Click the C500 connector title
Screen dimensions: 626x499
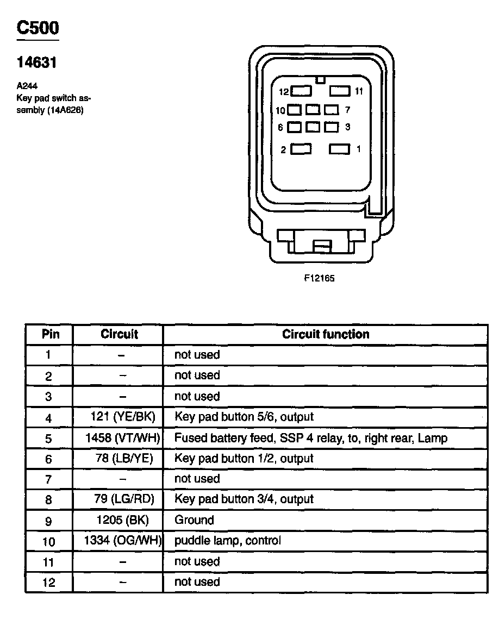pos(38,28)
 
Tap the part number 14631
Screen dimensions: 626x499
pos(37,63)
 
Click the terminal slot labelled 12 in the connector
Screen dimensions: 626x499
pos(301,91)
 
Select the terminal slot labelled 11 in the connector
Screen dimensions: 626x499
pos(340,91)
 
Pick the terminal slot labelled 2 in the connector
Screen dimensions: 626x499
pos(301,149)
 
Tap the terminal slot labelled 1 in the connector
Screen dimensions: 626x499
pos(340,149)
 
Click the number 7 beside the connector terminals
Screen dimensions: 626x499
pos(347,110)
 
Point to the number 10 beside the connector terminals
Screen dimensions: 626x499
pos(280,110)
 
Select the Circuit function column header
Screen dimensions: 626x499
pos(325,334)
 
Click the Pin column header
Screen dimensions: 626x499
pos(51,334)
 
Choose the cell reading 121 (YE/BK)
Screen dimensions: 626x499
pos(123,417)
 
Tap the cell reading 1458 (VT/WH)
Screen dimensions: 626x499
pos(122,437)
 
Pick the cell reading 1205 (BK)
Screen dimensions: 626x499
pos(122,519)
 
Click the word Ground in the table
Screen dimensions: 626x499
pos(194,519)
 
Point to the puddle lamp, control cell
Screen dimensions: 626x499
pos(228,541)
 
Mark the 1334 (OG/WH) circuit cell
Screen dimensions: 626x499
pos(123,541)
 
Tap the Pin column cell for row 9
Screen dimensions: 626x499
pos(49,521)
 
